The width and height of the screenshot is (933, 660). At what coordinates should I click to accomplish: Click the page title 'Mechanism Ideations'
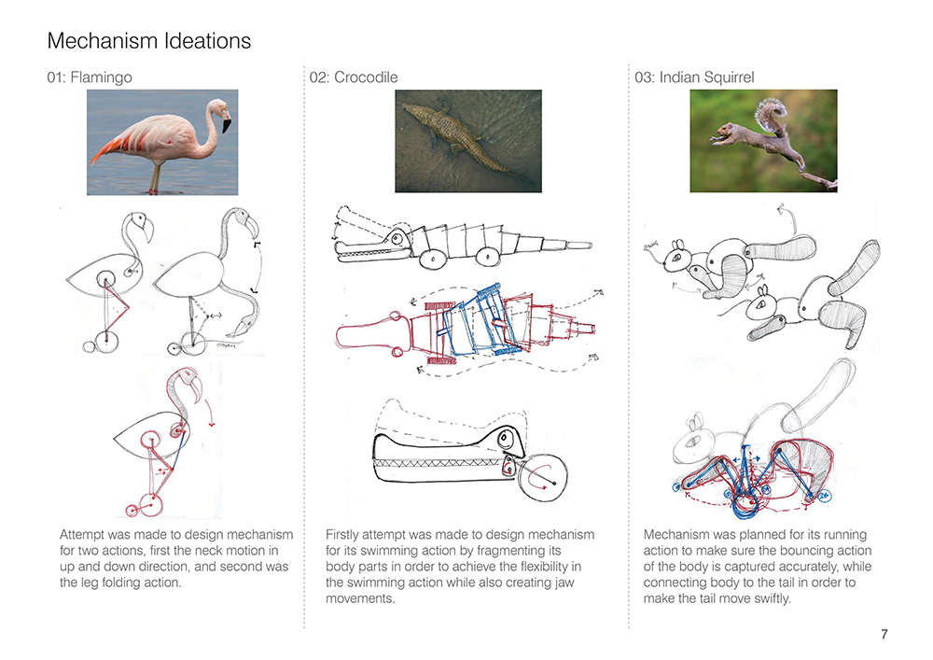pos(148,41)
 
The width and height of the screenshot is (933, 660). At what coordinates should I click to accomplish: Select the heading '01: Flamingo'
pos(90,77)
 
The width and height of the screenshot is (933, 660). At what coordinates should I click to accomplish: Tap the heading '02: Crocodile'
pos(354,77)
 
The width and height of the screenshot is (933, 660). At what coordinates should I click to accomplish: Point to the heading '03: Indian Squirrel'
pos(694,77)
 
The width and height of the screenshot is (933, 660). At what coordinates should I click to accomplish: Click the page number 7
pos(884,634)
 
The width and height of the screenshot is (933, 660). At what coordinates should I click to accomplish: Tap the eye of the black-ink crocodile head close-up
pos(504,439)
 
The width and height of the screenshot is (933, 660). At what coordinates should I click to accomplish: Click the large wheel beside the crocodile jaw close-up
pos(542,480)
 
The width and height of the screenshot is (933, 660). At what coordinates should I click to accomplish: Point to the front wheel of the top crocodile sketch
pos(433,259)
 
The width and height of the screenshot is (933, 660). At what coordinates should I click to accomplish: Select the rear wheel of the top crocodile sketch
pos(487,257)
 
